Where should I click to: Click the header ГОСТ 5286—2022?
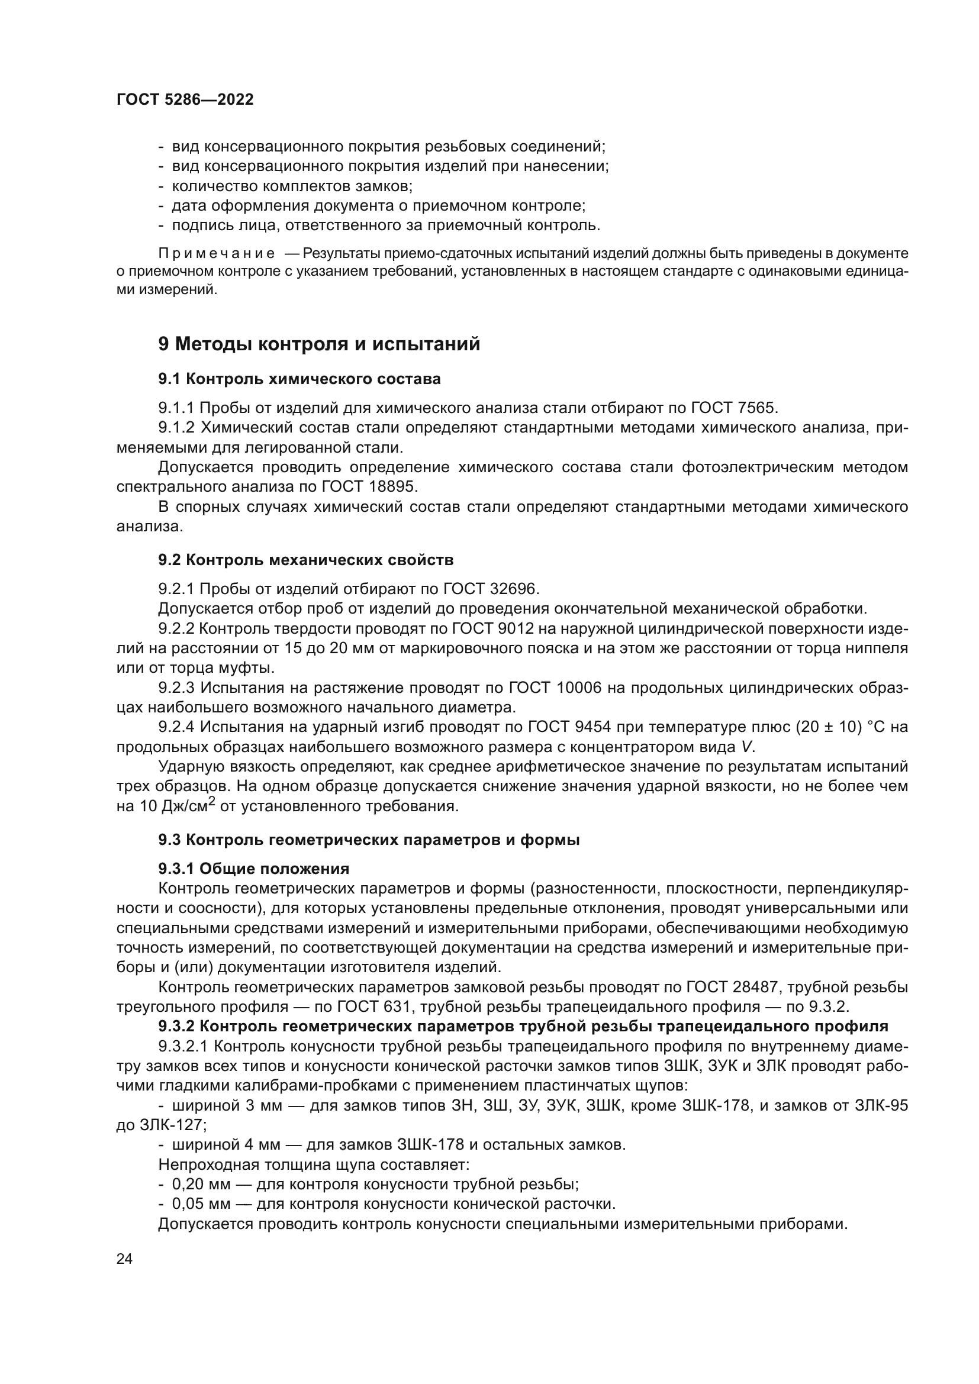tap(185, 99)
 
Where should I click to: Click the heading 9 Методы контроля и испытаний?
tap(319, 344)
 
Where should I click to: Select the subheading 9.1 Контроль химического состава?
tap(299, 379)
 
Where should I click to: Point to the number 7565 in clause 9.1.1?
tap(756, 408)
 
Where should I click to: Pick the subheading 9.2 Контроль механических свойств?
tap(305, 560)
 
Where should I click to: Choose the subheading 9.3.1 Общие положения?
tap(254, 869)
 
